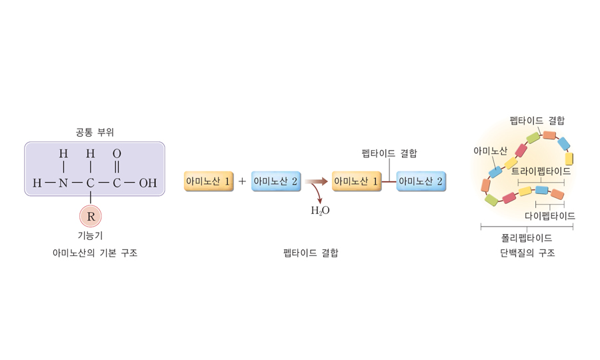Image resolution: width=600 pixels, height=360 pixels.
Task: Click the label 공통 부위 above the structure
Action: (x=95, y=132)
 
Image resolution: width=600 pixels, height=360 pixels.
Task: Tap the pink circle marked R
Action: (x=91, y=217)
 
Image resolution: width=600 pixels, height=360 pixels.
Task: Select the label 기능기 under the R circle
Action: (x=91, y=235)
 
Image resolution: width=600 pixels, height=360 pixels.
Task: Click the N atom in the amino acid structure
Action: (x=63, y=183)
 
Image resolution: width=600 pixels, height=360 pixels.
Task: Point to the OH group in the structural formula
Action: (x=147, y=183)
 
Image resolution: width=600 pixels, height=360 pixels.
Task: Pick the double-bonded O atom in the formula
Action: (x=117, y=154)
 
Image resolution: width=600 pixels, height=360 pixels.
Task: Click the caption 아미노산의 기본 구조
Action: (x=95, y=253)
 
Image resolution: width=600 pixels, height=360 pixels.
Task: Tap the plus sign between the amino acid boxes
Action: (x=242, y=181)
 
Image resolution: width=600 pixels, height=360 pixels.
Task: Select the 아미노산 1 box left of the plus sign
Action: (x=209, y=181)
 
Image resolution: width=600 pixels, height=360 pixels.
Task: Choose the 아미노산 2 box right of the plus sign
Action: (x=276, y=181)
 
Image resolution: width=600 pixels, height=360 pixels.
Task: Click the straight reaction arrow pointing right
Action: (x=316, y=181)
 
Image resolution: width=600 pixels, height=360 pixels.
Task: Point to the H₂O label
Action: (x=320, y=211)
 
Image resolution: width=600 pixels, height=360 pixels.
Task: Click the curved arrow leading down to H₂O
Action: (x=317, y=195)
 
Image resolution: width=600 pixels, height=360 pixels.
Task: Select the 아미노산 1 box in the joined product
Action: (x=357, y=181)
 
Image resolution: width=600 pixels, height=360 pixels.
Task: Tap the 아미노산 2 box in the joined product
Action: (x=421, y=181)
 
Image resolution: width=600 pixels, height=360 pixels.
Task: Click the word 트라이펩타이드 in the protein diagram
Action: (x=541, y=171)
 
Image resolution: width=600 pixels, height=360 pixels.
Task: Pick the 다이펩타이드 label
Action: (x=550, y=216)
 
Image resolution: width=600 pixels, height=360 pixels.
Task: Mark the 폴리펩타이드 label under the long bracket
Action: (x=527, y=237)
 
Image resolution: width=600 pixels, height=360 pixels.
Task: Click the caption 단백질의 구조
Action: (x=527, y=253)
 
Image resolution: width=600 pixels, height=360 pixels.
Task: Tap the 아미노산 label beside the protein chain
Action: (x=490, y=151)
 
